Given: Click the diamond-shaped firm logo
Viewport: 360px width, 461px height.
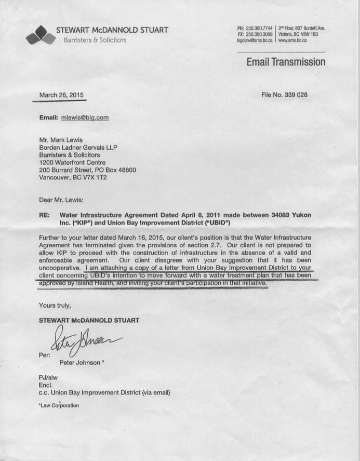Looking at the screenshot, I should (41, 35).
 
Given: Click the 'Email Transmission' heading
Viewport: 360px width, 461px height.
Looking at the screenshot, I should (286, 62).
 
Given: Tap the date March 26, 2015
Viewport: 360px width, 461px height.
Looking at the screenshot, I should (61, 95).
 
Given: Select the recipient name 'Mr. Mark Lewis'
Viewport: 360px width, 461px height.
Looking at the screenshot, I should (60, 140).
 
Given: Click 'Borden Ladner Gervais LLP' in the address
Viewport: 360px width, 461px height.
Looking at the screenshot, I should (78, 148).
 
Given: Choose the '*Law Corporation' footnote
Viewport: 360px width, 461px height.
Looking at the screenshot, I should (59, 405).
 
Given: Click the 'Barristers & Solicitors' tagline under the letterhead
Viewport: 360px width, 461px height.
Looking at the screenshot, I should (95, 40).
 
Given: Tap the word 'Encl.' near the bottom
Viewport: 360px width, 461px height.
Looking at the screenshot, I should (46, 385).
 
